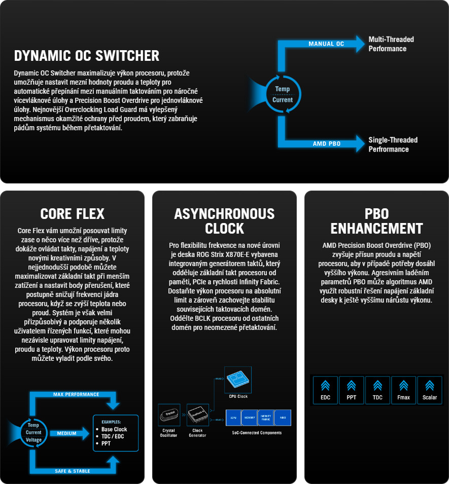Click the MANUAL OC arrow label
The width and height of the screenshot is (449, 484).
point(326,44)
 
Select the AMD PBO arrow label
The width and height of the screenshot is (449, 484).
point(326,144)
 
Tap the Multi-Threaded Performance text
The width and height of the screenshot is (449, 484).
point(391,44)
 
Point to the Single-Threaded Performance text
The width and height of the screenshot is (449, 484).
point(393,144)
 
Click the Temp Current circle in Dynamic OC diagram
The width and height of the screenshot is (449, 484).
point(283,95)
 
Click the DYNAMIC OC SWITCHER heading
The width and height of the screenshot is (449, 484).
point(87,56)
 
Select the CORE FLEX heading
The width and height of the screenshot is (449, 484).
point(72,213)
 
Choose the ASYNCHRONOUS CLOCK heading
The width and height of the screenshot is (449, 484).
point(224,220)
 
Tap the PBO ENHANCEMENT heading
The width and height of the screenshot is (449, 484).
point(376,220)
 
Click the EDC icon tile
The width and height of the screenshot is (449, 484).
point(326,390)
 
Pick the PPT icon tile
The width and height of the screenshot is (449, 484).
point(352,390)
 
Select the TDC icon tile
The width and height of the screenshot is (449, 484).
point(377,390)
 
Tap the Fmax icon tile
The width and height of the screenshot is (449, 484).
point(404,390)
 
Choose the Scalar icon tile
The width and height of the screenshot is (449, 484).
point(430,390)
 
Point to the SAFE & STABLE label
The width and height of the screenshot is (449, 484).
point(72,471)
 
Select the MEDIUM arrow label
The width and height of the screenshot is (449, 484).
point(66,433)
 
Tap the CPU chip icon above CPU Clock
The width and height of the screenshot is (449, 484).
point(238,379)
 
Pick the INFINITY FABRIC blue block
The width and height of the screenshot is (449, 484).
point(265,417)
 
